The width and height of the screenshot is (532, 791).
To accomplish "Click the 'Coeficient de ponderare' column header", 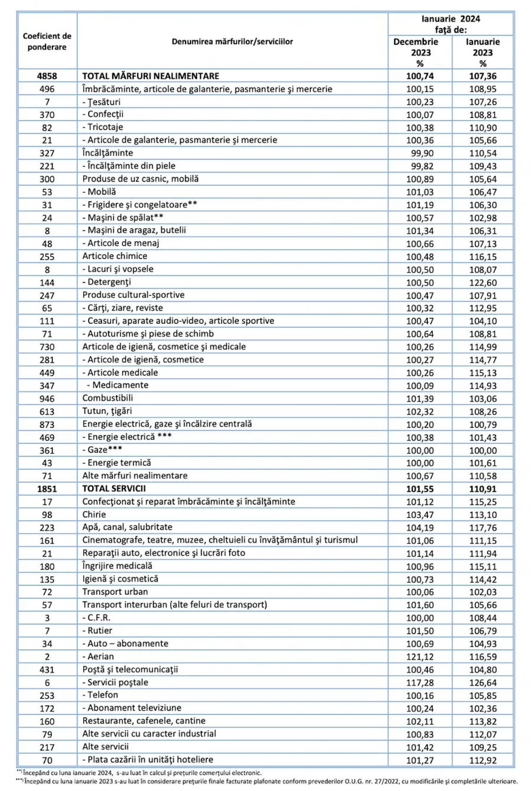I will click(47, 41).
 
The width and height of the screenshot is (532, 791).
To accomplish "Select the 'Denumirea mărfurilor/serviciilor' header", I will click(232, 42).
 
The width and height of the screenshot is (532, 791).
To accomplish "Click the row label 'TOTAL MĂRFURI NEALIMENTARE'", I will click(150, 76).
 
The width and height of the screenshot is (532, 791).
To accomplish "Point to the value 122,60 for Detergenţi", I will click(482, 282).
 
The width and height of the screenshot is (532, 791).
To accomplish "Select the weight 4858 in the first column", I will click(47, 76).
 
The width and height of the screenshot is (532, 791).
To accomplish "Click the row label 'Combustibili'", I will click(108, 398).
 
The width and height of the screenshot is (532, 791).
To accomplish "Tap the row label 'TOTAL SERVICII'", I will click(113, 489).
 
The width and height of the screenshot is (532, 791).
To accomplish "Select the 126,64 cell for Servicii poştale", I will click(482, 683).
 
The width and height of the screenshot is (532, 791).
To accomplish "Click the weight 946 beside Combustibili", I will click(47, 399).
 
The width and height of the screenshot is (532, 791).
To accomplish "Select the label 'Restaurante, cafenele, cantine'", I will click(144, 721).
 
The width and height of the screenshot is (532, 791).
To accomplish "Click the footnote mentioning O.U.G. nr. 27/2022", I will click(265, 782).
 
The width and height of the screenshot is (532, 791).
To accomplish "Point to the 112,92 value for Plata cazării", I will click(482, 760).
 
